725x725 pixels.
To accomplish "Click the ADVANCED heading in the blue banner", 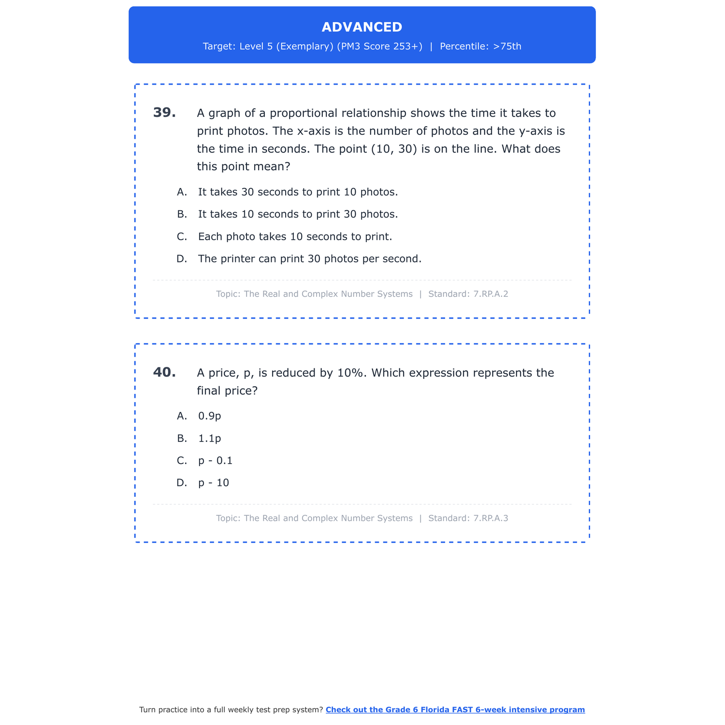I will click(x=362, y=27).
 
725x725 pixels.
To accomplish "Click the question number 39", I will click(x=164, y=113).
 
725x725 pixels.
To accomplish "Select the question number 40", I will click(x=164, y=372).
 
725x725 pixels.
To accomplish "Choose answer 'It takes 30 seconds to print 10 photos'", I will click(x=298, y=192).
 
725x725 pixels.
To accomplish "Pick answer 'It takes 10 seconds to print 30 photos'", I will click(x=298, y=214).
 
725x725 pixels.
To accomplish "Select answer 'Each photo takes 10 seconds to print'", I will click(x=295, y=237).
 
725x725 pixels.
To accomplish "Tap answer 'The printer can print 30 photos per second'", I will click(x=309, y=259).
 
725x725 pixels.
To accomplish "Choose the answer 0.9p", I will click(x=209, y=416).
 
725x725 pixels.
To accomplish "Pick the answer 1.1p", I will click(x=209, y=438).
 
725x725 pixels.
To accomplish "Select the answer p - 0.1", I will click(x=215, y=461).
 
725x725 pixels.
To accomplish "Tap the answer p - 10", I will click(x=213, y=483).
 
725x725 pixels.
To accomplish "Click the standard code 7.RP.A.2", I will click(x=491, y=294).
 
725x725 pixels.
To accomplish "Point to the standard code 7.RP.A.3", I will click(x=491, y=518).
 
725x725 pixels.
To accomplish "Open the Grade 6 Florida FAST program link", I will click(x=455, y=710).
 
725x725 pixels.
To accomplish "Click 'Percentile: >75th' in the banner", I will click(x=480, y=46).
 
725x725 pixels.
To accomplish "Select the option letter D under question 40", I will click(x=182, y=483).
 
